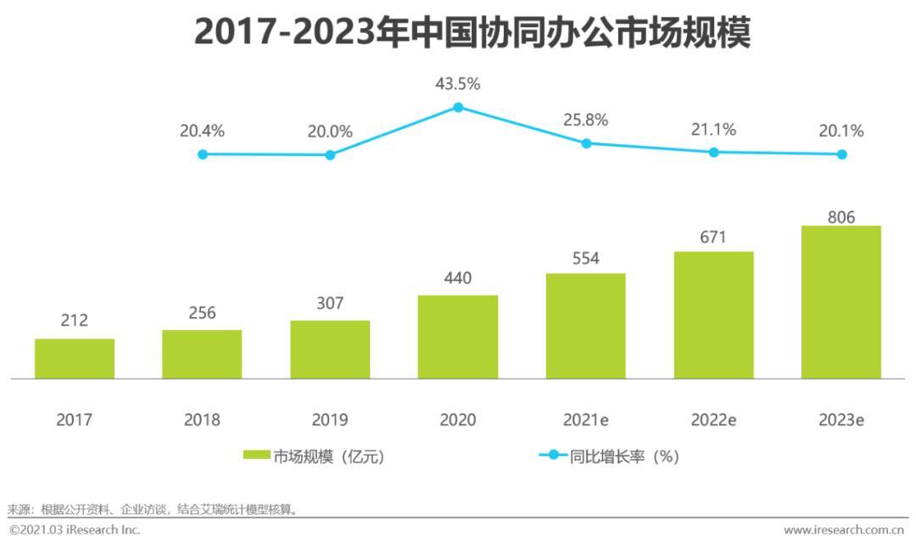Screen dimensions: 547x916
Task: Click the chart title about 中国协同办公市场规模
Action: point(472,32)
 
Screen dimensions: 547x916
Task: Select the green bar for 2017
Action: point(75,358)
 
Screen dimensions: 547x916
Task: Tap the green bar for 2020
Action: point(458,337)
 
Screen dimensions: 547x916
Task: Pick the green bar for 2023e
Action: point(841,302)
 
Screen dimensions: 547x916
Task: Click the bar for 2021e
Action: point(585,326)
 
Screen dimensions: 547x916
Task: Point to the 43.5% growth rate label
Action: point(458,84)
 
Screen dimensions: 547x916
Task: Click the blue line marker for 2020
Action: point(458,108)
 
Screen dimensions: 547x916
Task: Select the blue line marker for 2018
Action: point(202,154)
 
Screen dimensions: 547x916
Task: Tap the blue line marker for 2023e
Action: point(841,154)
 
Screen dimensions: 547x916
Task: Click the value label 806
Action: point(841,217)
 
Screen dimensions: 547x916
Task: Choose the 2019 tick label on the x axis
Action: point(330,420)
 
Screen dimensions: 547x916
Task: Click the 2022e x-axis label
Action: point(713,420)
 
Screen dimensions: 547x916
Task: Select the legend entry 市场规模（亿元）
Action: point(315,456)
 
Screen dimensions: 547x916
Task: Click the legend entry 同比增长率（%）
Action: point(609,456)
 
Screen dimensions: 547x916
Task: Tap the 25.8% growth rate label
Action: point(586,120)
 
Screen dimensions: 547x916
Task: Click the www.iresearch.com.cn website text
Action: point(843,530)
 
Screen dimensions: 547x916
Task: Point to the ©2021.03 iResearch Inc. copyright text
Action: point(75,530)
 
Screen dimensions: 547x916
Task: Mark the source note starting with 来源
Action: point(153,510)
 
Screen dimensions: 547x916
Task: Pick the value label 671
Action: point(713,237)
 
